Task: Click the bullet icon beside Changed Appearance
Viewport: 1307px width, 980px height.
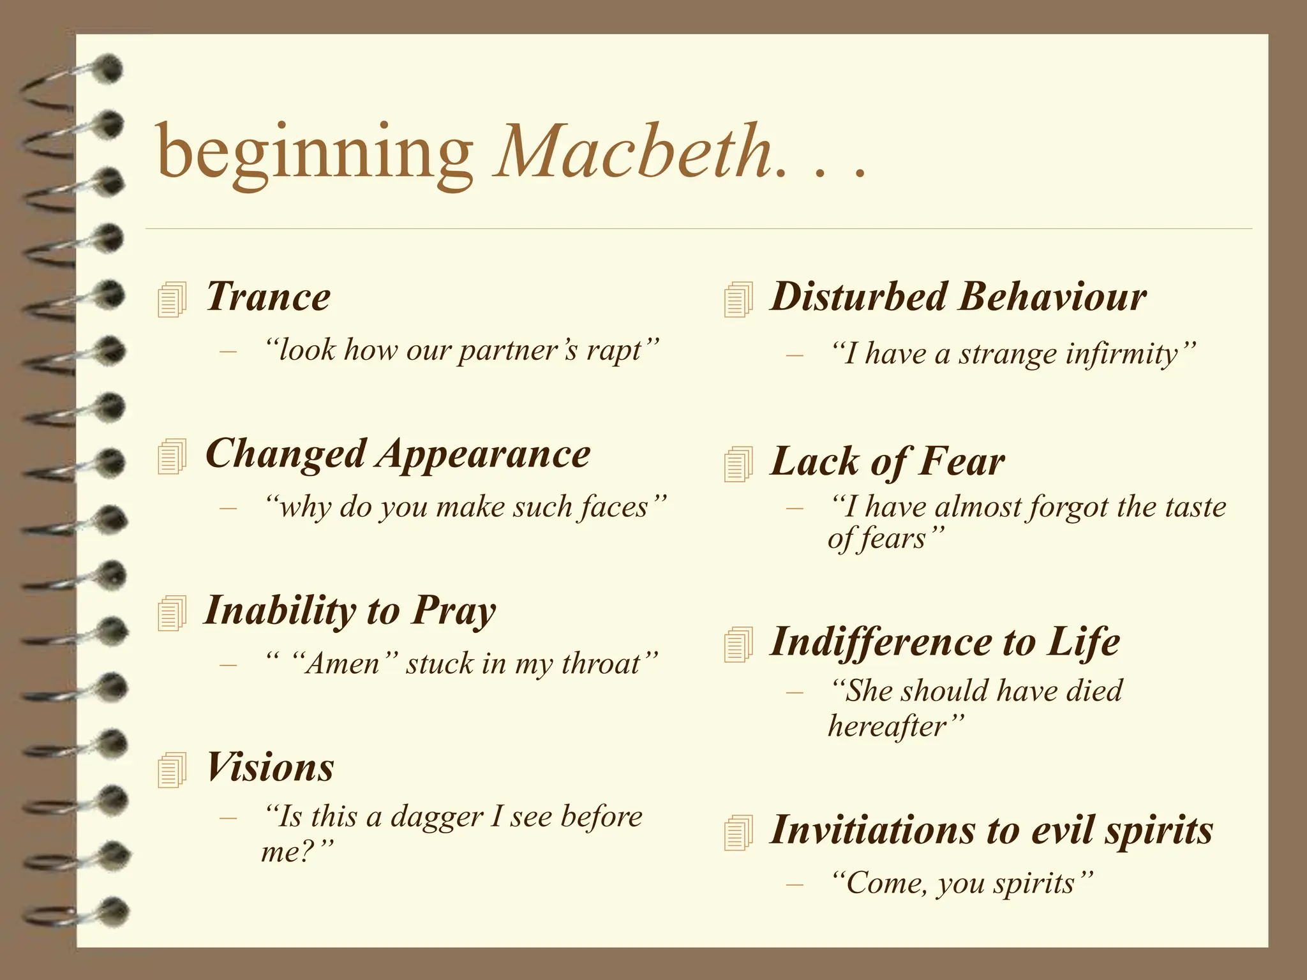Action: click(x=172, y=457)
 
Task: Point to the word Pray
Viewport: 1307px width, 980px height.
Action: click(x=453, y=611)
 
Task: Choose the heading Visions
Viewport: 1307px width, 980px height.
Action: click(x=270, y=767)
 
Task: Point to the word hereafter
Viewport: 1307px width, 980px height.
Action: click(x=887, y=726)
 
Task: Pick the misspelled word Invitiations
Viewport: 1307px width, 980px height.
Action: click(x=872, y=830)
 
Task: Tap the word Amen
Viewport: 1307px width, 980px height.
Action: click(x=343, y=664)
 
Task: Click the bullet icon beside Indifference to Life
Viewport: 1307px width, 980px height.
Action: click(x=738, y=645)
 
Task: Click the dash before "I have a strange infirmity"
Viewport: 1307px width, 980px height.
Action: click(x=794, y=355)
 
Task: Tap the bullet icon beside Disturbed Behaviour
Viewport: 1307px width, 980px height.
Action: click(x=738, y=300)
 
